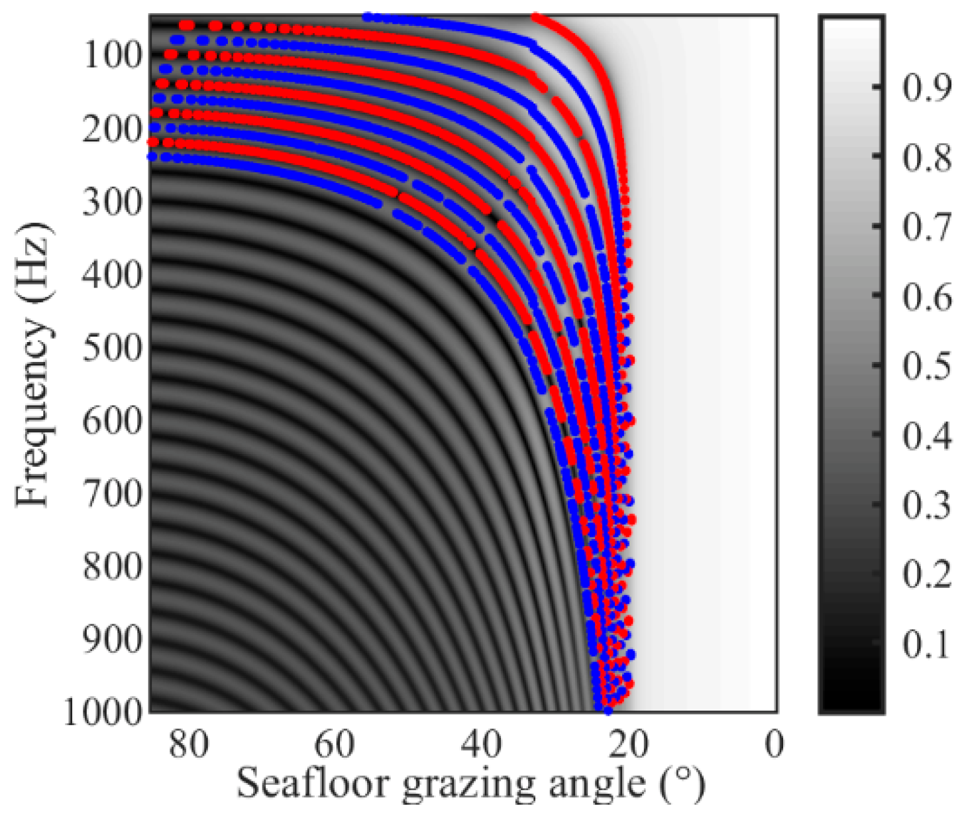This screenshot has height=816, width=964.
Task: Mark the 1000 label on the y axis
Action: [103, 713]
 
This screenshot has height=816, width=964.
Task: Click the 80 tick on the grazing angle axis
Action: [189, 744]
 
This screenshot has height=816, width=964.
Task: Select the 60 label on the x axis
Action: [335, 744]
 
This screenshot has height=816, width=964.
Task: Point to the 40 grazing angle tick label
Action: [481, 744]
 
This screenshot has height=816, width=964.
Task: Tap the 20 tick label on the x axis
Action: [627, 744]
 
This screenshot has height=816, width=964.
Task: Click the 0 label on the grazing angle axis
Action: [774, 744]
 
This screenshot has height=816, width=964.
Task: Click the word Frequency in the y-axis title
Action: [33, 414]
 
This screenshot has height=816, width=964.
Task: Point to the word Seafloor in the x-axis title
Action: [313, 784]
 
